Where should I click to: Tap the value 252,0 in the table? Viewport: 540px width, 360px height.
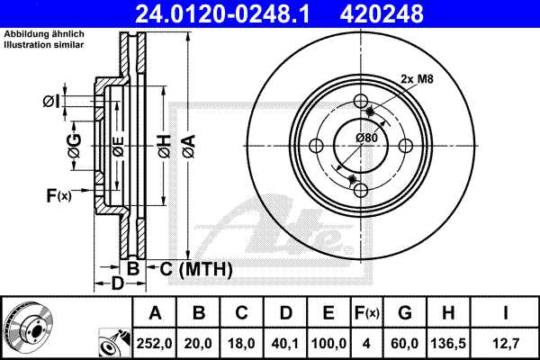click(155, 343)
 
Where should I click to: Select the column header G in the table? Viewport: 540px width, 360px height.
click(404, 313)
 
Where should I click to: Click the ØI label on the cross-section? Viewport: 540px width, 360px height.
click(51, 102)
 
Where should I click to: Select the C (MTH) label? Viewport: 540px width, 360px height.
click(195, 269)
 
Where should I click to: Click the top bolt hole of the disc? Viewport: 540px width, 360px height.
click(361, 102)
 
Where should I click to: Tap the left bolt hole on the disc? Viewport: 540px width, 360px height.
click(317, 147)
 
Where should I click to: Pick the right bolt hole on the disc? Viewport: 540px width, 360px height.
click(405, 147)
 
